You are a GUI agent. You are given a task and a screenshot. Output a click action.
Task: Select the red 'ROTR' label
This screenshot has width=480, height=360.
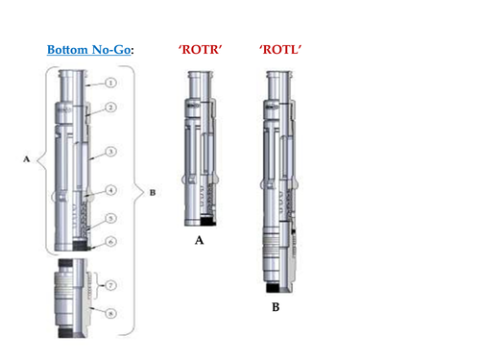pyautogui.click(x=201, y=49)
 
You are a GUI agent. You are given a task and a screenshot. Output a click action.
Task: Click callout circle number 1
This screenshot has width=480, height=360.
pyautogui.click(x=112, y=84)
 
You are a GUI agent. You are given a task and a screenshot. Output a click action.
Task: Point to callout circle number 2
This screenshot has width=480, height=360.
pyautogui.click(x=112, y=108)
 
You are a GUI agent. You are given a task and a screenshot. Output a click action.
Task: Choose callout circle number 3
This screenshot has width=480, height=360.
pyautogui.click(x=112, y=152)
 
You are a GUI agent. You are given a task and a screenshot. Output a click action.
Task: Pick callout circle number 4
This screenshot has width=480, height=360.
pyautogui.click(x=112, y=190)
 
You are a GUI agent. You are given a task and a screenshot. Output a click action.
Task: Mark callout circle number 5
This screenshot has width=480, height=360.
pyautogui.click(x=112, y=218)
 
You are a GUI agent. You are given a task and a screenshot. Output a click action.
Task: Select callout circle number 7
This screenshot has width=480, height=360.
pyautogui.click(x=111, y=285)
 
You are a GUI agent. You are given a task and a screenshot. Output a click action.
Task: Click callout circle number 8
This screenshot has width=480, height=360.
pyautogui.click(x=111, y=312)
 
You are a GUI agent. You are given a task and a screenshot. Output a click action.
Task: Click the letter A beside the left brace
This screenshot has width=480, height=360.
pyautogui.click(x=25, y=161)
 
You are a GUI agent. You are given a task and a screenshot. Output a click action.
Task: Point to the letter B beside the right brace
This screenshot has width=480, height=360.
pyautogui.click(x=154, y=192)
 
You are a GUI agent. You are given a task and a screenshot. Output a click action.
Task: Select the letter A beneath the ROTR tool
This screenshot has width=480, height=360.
pyautogui.click(x=200, y=240)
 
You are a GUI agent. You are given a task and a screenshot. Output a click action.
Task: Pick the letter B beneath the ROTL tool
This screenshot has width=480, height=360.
pyautogui.click(x=276, y=308)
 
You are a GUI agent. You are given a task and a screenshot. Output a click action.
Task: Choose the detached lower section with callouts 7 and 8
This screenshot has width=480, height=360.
pyautogui.click(x=74, y=298)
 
